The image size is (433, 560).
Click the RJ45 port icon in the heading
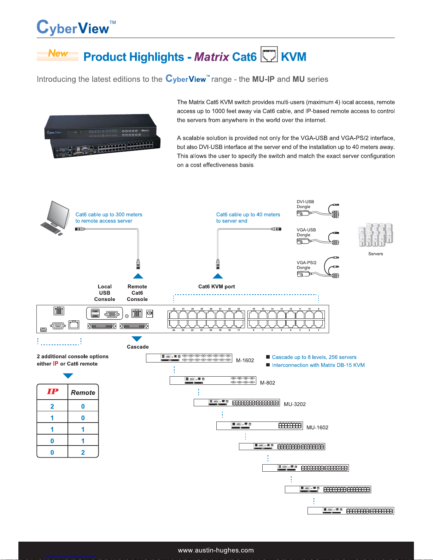(x=269, y=54)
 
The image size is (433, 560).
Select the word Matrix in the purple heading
(x=212, y=57)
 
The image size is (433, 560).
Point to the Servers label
(x=375, y=254)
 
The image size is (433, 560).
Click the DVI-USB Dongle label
(x=305, y=204)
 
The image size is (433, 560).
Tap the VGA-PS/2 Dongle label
(x=306, y=265)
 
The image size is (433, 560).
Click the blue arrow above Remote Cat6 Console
(x=138, y=276)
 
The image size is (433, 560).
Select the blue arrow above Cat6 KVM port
(x=218, y=276)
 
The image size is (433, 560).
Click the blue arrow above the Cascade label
(x=137, y=339)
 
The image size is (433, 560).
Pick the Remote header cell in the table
(x=83, y=393)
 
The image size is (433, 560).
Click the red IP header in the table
(x=53, y=391)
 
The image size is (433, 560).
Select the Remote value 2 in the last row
(x=83, y=452)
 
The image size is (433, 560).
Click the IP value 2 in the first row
(x=52, y=406)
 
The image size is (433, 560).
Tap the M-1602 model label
(x=245, y=360)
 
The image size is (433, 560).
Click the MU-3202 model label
(x=295, y=404)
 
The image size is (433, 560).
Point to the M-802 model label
(x=268, y=383)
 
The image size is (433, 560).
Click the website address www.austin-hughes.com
(x=216, y=550)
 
